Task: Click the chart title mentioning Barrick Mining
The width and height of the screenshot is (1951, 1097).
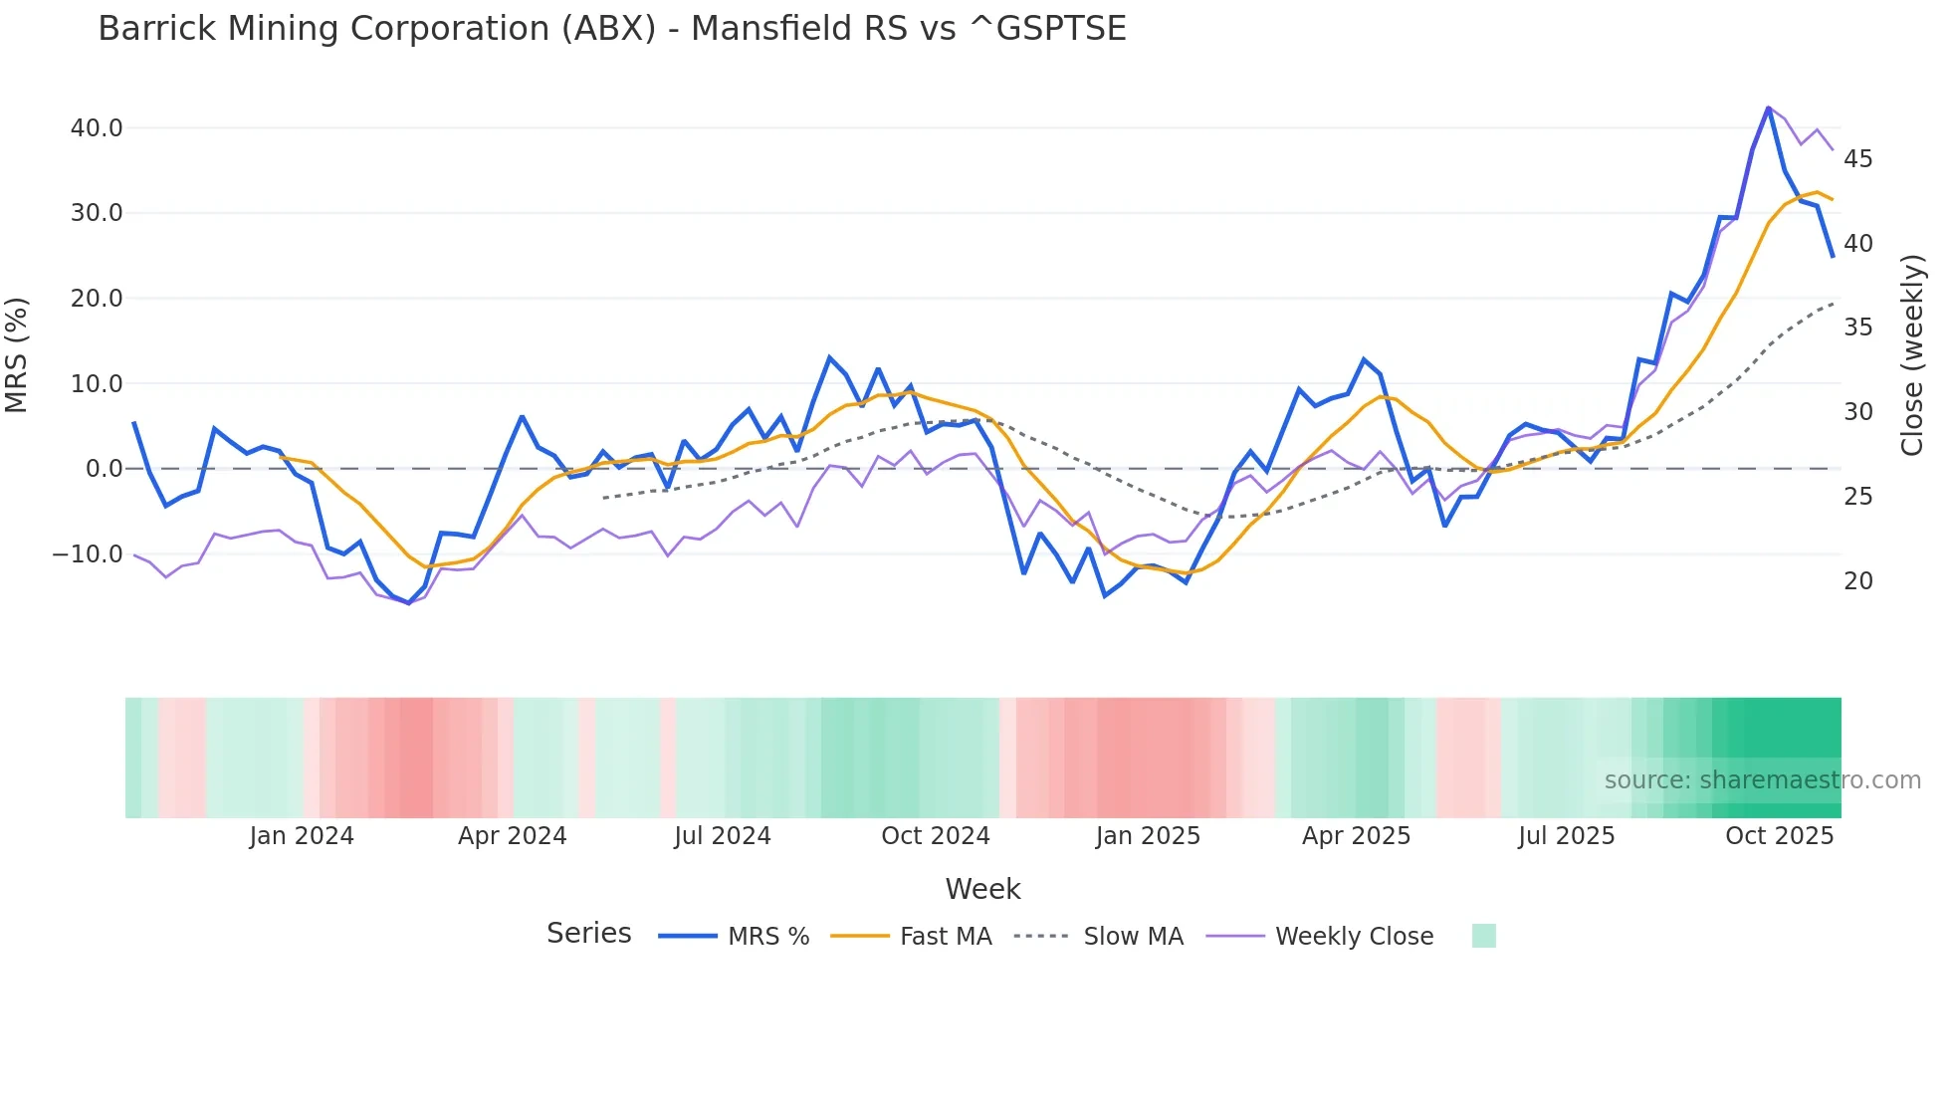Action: [x=611, y=29]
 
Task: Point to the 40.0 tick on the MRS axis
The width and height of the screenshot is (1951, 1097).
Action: [x=97, y=128]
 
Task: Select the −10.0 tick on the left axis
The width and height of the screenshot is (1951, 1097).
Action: [x=88, y=554]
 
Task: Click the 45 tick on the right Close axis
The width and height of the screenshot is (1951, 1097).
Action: [x=1857, y=159]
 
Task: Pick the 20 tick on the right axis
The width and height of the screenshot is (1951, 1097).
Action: [x=1857, y=581]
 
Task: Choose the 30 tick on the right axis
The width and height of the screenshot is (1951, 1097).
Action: [x=1857, y=412]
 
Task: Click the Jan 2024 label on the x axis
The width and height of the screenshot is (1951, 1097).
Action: [x=302, y=836]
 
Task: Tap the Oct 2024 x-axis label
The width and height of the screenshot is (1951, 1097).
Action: [x=935, y=836]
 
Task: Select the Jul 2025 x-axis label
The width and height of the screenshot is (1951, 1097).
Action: [x=1566, y=836]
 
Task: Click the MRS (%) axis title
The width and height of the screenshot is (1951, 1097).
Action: [x=17, y=355]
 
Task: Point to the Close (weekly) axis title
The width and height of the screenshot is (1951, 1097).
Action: [x=1912, y=355]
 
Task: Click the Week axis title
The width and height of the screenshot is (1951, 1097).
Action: [x=982, y=889]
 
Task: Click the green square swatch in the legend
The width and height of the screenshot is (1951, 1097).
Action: [x=1483, y=936]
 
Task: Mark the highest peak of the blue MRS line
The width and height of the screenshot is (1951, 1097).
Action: [x=1768, y=108]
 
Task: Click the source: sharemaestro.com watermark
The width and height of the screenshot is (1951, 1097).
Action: [x=1762, y=780]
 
